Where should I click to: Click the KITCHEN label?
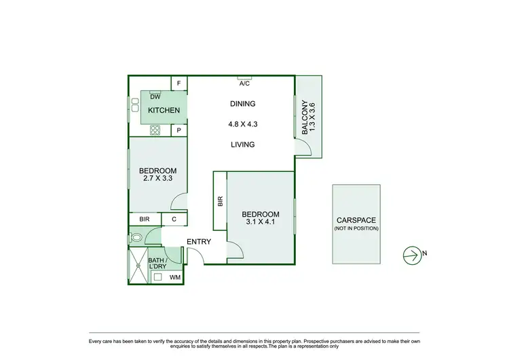[x=164, y=111]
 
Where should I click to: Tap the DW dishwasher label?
[x=155, y=96]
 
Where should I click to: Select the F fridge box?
[x=179, y=84]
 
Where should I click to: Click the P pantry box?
[x=179, y=130]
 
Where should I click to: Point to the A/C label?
[x=245, y=84]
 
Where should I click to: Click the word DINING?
[x=242, y=104]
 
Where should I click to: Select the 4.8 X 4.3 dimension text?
[x=242, y=124]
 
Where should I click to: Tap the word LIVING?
[x=242, y=145]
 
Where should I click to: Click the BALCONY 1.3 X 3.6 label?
[x=308, y=118]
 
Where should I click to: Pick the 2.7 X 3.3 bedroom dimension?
[x=157, y=179]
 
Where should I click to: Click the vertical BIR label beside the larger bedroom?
[x=220, y=202]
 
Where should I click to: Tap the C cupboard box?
[x=174, y=219]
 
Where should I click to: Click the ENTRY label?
[x=198, y=242]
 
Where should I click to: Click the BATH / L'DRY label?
[x=157, y=264]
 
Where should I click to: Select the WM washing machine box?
[x=174, y=277]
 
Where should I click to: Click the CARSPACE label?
[x=356, y=221]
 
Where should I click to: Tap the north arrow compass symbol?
[x=411, y=255]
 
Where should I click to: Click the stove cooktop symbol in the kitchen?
[x=155, y=130]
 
